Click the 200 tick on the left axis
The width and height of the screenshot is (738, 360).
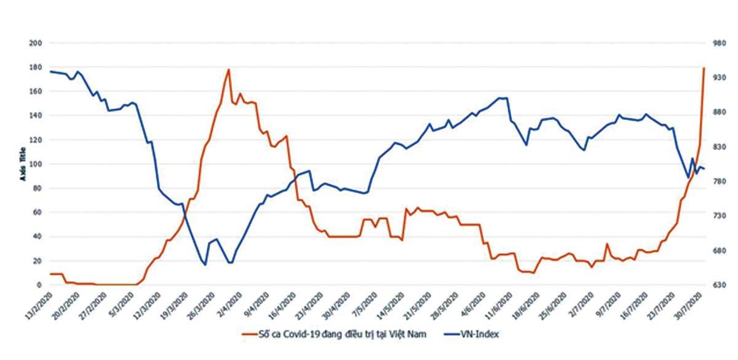pos(34,43)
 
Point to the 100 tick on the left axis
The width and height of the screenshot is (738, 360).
pos(34,164)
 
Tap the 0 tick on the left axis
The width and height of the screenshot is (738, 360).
pos(38,285)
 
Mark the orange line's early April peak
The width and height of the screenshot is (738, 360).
pos(229,70)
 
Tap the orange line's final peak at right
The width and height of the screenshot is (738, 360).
pos(704,68)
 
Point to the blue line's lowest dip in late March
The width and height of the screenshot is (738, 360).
pos(205,265)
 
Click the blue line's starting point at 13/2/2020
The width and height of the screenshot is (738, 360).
pos(50,71)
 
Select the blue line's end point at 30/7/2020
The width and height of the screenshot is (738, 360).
pos(704,169)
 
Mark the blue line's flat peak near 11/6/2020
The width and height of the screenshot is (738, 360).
pos(502,98)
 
